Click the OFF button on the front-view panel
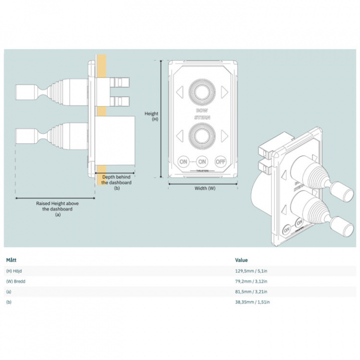(220, 161)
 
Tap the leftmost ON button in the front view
(183, 161)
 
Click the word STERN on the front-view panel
(201, 117)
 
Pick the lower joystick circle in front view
(201, 135)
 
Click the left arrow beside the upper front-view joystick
(179, 91)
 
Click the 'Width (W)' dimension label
(204, 188)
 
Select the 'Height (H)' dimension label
(151, 116)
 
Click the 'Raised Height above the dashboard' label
(57, 208)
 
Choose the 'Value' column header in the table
(241, 260)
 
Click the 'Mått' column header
(11, 260)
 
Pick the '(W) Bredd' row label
(16, 281)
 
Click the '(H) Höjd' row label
(15, 271)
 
